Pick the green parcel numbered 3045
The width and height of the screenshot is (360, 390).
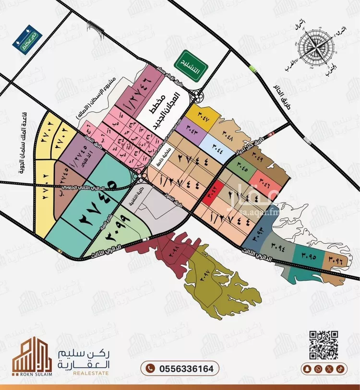click(241, 168)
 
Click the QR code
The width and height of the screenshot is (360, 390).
click(323, 344)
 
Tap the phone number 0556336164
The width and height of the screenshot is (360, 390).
click(180, 368)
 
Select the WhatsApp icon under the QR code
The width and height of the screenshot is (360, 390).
click(318, 368)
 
